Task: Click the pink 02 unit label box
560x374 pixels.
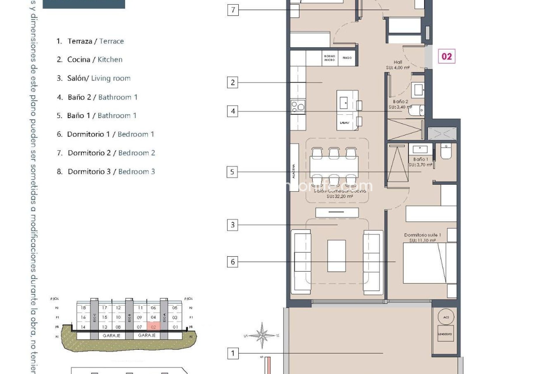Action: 447,56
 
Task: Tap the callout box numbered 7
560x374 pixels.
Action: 233,10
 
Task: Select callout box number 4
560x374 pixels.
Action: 232,111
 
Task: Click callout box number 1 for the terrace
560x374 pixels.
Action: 233,353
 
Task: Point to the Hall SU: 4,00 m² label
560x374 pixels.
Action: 398,65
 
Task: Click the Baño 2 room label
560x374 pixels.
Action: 400,102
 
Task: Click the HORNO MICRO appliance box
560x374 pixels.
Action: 330,58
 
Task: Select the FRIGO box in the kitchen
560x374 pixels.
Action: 347,58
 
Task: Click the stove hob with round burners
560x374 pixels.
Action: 298,107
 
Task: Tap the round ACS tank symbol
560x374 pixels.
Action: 446,317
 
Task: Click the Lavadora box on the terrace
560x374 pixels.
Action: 445,334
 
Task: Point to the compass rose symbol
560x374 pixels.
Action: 262,336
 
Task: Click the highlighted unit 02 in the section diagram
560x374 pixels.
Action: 153,327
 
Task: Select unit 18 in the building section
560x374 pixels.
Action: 83,308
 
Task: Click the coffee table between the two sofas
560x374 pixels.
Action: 336,256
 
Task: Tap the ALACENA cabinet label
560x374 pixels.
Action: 294,171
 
